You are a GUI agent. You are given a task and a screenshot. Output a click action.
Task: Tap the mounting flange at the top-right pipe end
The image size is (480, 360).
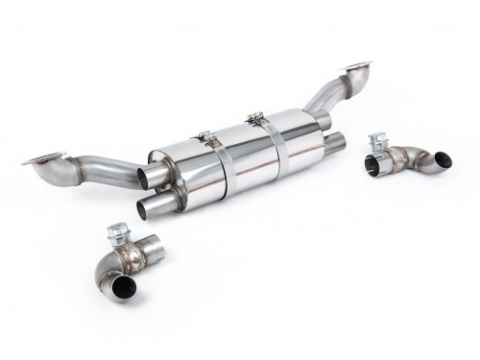coord(356,68)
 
